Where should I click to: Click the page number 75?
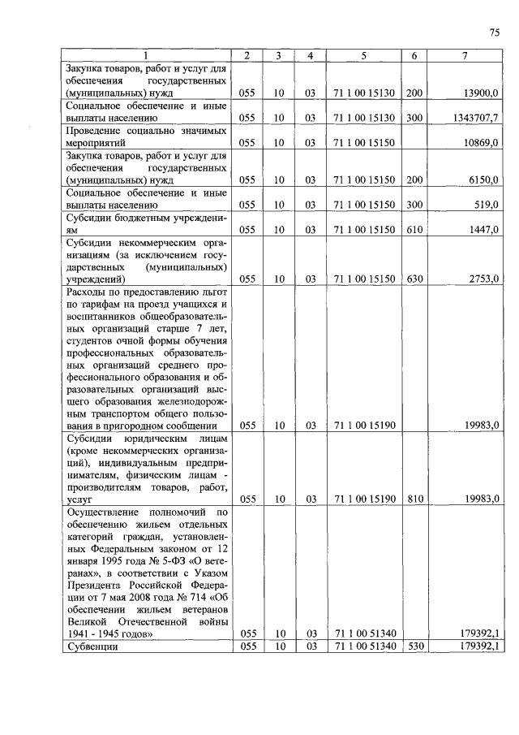(x=494, y=32)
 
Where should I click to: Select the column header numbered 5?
(x=363, y=55)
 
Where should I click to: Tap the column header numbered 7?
(x=464, y=55)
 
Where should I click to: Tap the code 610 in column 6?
(x=414, y=231)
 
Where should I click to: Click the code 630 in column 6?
(x=414, y=279)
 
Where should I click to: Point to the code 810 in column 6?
(x=414, y=499)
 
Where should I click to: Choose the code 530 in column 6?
(x=414, y=646)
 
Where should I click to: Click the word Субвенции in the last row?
(x=92, y=647)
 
